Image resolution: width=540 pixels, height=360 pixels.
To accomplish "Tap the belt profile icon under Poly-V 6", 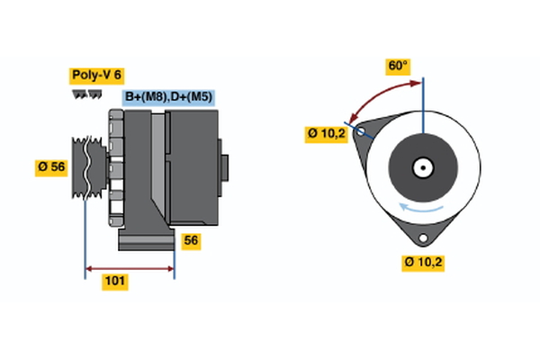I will tap(86, 94).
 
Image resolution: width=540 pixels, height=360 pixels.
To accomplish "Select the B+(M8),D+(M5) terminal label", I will tap(168, 96).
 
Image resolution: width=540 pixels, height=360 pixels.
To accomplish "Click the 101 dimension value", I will tap(114, 282).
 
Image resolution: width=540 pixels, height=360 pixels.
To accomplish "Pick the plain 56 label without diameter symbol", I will tap(191, 240).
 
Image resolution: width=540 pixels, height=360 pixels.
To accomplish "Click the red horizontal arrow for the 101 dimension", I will tap(130, 267).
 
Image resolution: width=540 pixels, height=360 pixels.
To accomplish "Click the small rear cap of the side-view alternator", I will tap(224, 166).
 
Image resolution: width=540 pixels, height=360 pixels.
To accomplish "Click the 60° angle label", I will tap(398, 66).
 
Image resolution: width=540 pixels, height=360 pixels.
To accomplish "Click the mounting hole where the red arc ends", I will tap(363, 131).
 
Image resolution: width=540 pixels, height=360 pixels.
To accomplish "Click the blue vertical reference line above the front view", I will tap(423, 99).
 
